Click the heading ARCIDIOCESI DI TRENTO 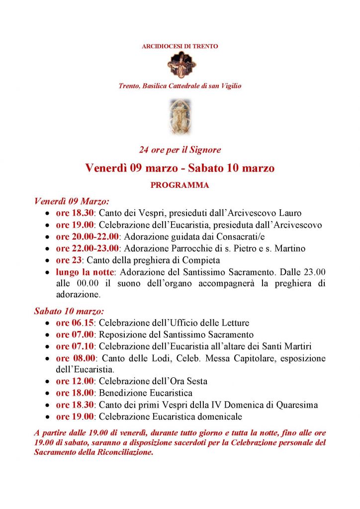[x=180, y=46]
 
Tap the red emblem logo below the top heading [x=180, y=65]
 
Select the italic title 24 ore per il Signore [x=180, y=150]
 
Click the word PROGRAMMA [x=180, y=185]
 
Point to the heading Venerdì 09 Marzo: [x=72, y=201]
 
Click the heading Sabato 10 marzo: [x=69, y=311]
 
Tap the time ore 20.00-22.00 [x=87, y=237]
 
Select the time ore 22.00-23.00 [x=87, y=249]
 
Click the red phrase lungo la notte [x=85, y=272]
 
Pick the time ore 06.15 [x=75, y=323]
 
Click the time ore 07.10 [x=75, y=346]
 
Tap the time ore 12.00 [x=75, y=381]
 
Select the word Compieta [x=203, y=260]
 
